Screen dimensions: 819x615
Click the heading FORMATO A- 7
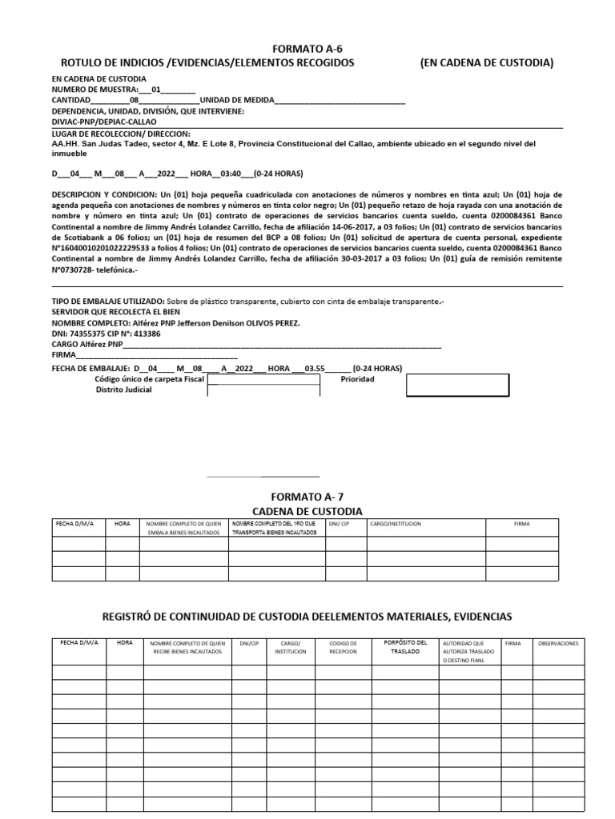coord(307,497)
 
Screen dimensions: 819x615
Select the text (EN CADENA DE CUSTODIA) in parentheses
coord(486,62)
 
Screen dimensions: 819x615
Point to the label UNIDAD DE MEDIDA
coord(236,100)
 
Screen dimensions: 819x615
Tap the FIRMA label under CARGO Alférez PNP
coord(63,354)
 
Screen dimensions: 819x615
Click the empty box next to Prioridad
coord(457,385)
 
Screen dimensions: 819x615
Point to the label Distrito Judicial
coord(123,390)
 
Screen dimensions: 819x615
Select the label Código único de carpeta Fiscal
coord(150,379)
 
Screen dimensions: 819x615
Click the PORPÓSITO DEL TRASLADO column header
coord(405,647)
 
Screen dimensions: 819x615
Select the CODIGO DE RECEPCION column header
coord(343,647)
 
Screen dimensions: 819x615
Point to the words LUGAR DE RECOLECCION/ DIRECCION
coord(120,134)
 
